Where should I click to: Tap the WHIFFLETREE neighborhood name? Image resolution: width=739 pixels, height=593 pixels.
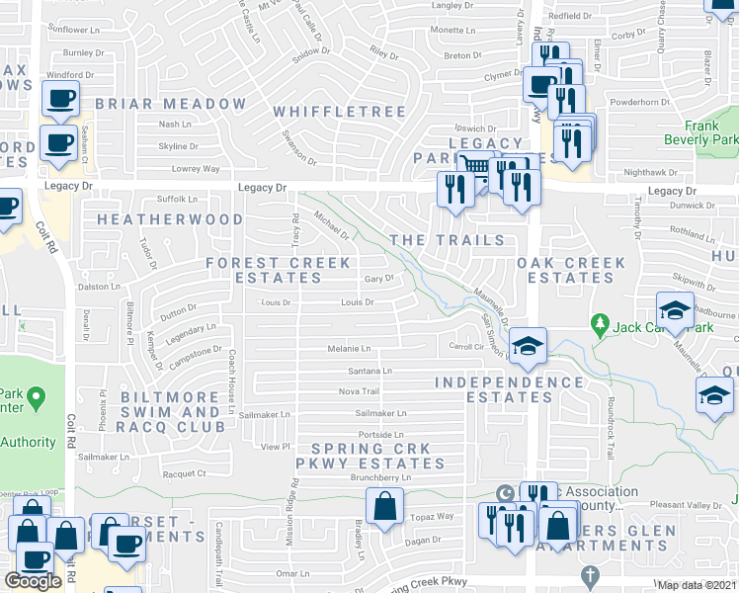pyautogui.click(x=339, y=113)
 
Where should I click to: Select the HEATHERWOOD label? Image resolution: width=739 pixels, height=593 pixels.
pyautogui.click(x=170, y=219)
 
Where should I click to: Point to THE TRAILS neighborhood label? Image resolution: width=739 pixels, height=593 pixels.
pyautogui.click(x=447, y=241)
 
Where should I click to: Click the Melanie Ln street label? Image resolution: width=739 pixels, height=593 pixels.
pyautogui.click(x=350, y=349)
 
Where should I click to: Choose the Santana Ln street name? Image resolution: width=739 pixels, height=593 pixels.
pyautogui.click(x=370, y=371)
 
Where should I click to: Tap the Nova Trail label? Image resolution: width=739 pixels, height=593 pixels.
pyautogui.click(x=359, y=391)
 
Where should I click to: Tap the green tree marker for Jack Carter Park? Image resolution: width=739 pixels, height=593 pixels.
pyautogui.click(x=599, y=323)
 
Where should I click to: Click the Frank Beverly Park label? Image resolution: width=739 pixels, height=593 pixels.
pyautogui.click(x=713, y=133)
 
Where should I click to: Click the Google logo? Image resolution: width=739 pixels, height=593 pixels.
pyautogui.click(x=34, y=581)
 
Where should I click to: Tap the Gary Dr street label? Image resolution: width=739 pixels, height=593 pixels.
pyautogui.click(x=379, y=279)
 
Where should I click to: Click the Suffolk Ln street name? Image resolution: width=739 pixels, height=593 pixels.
pyautogui.click(x=150, y=199)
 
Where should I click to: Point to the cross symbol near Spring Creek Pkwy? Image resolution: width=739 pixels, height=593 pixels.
pyautogui.click(x=590, y=575)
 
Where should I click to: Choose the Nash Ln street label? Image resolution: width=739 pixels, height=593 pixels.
pyautogui.click(x=175, y=125)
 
